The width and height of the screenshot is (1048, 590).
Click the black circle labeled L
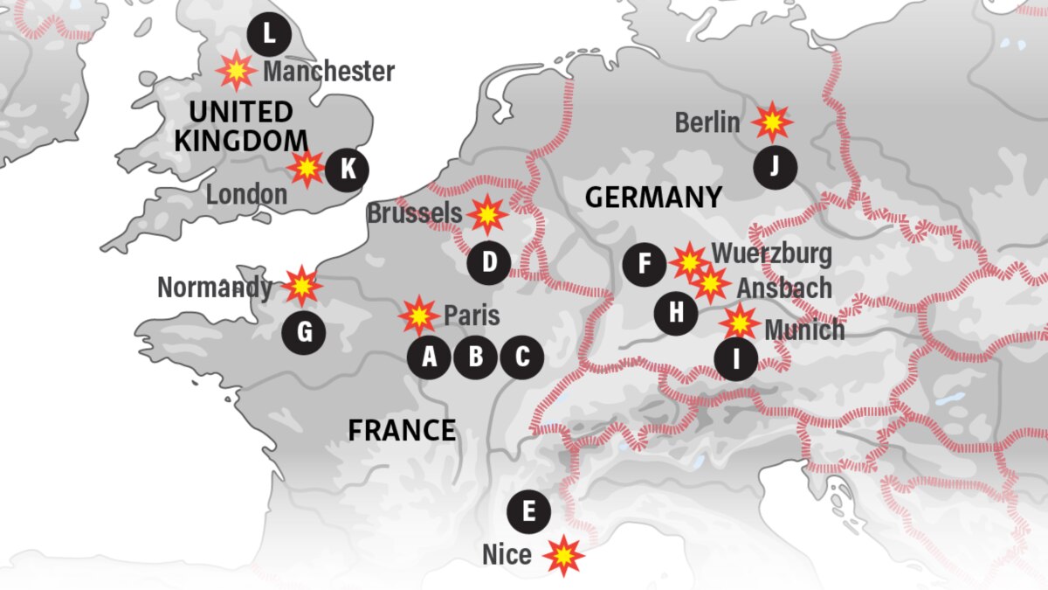(x=269, y=35)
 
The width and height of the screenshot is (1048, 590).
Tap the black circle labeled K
(x=348, y=169)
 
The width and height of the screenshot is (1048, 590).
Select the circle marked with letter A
(x=430, y=357)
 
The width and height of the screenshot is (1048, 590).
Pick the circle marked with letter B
(x=476, y=357)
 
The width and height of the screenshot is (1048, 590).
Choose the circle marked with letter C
(x=522, y=357)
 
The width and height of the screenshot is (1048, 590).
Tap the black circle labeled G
(x=304, y=332)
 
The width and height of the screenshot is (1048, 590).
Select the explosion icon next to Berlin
(x=772, y=123)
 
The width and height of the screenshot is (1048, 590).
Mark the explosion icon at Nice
(x=563, y=554)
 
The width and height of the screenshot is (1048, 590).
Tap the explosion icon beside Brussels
(x=486, y=214)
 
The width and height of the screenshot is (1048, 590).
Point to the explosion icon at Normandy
(x=301, y=285)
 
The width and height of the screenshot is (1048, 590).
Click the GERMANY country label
(x=653, y=198)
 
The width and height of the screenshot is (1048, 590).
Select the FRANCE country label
(x=402, y=430)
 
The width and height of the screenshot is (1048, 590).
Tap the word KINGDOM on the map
(x=241, y=141)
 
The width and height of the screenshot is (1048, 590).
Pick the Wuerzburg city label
(x=771, y=254)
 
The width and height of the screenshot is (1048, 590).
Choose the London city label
(x=246, y=195)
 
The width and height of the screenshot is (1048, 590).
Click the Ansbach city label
(x=783, y=288)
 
